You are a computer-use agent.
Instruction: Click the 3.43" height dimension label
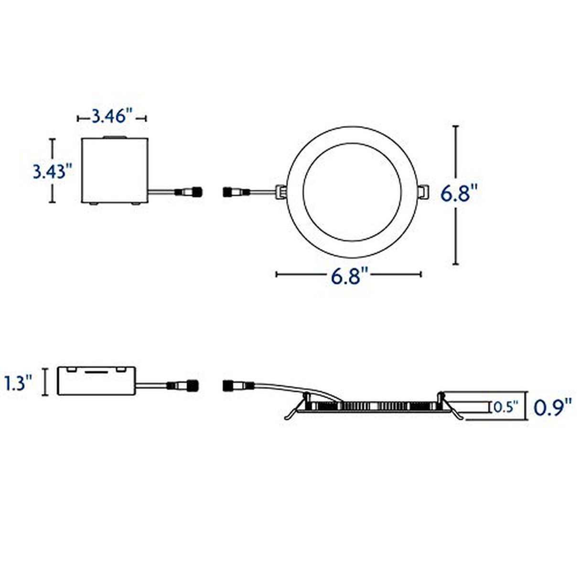pyautogui.click(x=53, y=172)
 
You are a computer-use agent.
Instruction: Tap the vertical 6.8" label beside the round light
pyautogui.click(x=459, y=193)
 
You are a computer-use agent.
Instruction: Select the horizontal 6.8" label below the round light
pyautogui.click(x=350, y=276)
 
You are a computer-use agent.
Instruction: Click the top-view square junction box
pyautogui.click(x=115, y=170)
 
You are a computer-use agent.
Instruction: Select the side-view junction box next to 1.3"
pyautogui.click(x=97, y=381)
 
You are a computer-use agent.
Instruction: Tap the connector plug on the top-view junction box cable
pyautogui.click(x=189, y=191)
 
